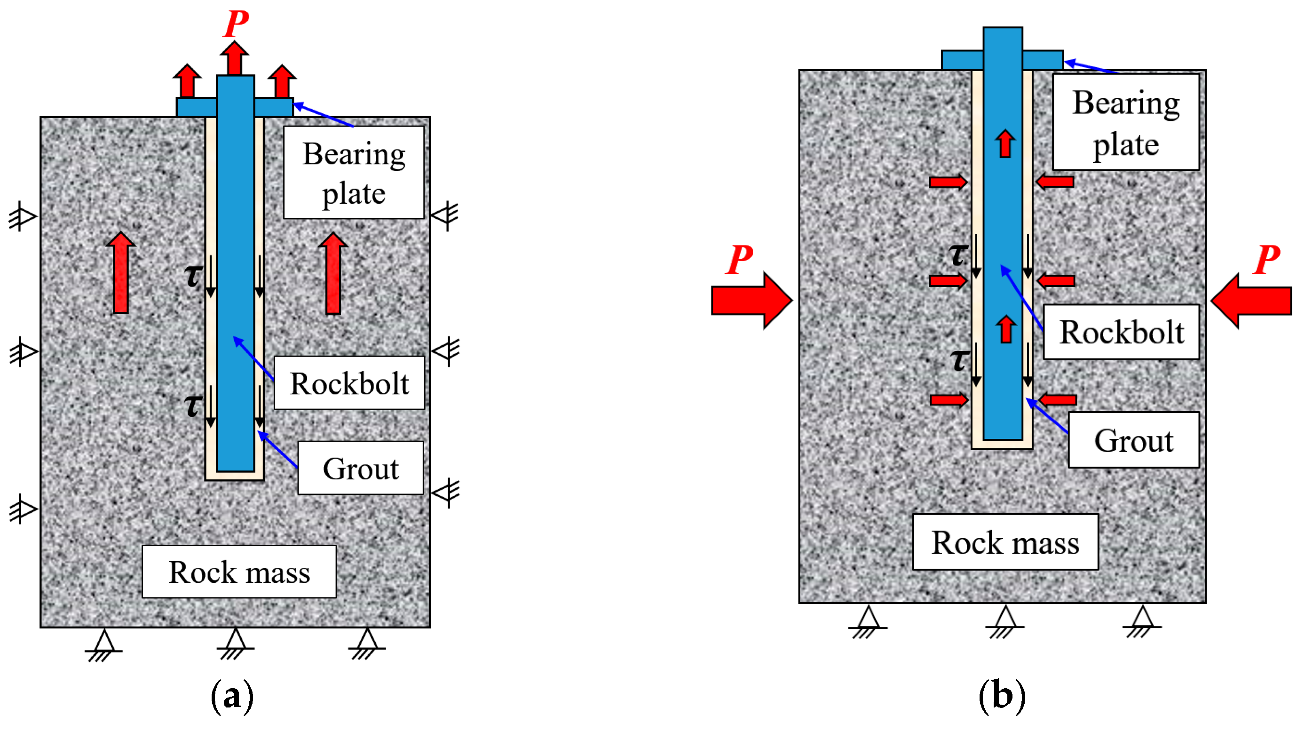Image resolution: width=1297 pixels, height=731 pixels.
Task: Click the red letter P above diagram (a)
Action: point(236,23)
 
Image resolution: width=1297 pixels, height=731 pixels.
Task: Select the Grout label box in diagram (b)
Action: point(1133,440)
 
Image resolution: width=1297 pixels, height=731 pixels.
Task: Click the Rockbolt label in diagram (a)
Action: point(349,383)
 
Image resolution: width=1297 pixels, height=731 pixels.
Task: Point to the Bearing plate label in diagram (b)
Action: point(1125,122)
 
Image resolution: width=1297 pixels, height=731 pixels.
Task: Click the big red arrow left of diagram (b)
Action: point(751,300)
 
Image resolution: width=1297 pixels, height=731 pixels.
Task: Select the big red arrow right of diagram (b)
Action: point(1251,301)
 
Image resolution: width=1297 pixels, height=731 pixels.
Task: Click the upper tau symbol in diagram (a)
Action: point(193,276)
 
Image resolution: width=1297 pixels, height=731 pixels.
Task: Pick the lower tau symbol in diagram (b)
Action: point(959,360)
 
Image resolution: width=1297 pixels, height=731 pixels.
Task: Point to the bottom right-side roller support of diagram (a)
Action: point(447,492)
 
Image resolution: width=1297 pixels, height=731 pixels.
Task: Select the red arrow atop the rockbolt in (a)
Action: point(235,58)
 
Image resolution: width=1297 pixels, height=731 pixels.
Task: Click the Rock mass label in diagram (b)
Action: point(1005,542)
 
